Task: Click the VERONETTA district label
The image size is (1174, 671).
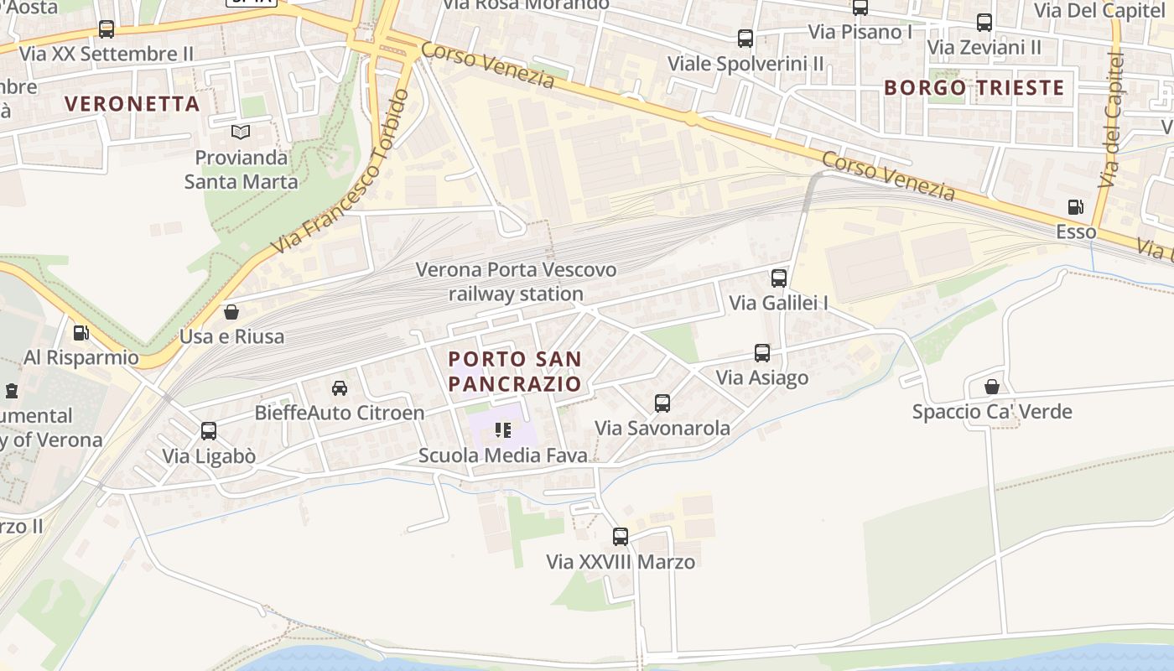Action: [x=132, y=104]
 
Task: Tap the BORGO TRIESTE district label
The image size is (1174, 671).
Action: [x=974, y=87]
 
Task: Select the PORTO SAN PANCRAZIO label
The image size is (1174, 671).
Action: [x=515, y=372]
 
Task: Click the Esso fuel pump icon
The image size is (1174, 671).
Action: [x=1075, y=207]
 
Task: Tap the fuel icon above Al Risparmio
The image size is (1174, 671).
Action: [x=81, y=333]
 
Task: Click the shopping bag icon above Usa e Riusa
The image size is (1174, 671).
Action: [x=231, y=312]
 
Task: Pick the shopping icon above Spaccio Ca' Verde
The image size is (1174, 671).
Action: [x=992, y=387]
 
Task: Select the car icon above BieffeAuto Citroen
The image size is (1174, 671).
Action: [x=340, y=388]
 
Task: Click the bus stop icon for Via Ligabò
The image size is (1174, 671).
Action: [x=209, y=431]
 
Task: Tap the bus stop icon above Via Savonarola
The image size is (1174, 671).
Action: [x=662, y=403]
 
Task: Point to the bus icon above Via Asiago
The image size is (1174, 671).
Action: [x=762, y=353]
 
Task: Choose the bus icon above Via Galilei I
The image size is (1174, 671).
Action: [x=779, y=278]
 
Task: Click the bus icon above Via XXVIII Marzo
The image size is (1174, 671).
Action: [x=621, y=537]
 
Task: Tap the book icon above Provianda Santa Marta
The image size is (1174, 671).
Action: [x=241, y=133]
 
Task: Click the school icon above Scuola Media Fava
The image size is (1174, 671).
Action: [x=503, y=430]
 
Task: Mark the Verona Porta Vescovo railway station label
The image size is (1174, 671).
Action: [x=516, y=282]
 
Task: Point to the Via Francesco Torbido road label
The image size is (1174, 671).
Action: [x=341, y=172]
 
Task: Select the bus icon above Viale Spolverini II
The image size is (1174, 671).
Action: [x=745, y=39]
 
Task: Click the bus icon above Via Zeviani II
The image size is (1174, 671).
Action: [x=984, y=23]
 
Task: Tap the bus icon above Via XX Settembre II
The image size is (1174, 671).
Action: [x=106, y=29]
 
